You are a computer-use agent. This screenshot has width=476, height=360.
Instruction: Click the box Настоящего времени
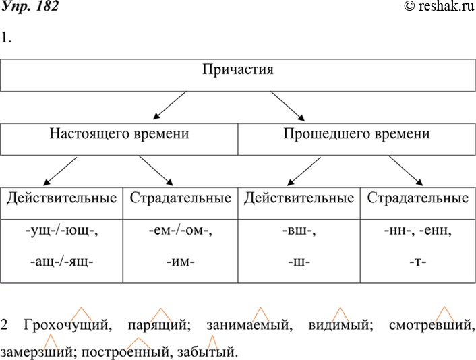pos(119,133)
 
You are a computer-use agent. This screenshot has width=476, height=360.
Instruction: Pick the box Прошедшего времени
pos(357,133)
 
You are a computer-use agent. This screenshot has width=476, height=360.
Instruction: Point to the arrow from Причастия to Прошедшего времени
pos(288,105)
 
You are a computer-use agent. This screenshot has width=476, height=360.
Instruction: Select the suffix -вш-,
pos(299,233)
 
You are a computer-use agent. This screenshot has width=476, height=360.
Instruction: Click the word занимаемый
pos(251,327)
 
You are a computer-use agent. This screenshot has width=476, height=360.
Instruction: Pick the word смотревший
pos(432,327)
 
